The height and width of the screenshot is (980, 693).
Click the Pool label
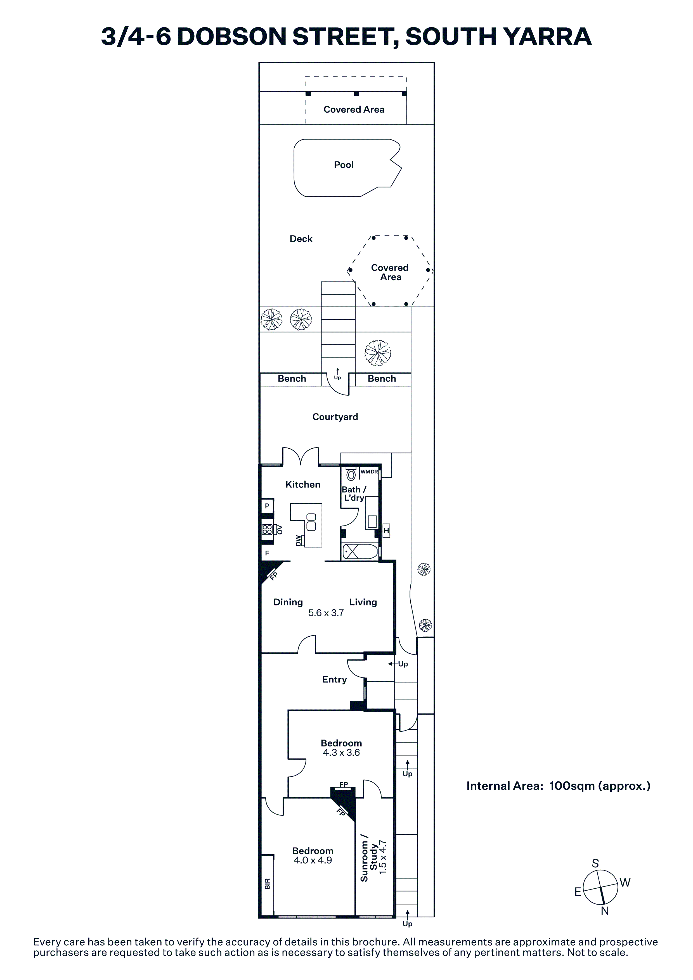point(344,165)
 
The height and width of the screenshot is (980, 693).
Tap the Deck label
point(301,239)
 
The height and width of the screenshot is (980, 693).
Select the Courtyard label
point(335,417)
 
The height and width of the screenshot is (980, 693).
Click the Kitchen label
point(303,484)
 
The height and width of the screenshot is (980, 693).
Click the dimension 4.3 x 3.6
point(341,753)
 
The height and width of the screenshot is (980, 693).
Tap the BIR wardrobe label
point(267,884)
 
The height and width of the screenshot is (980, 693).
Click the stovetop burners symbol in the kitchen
point(267,530)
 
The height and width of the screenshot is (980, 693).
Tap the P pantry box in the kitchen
point(267,506)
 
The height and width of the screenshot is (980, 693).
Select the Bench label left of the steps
point(292,379)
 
